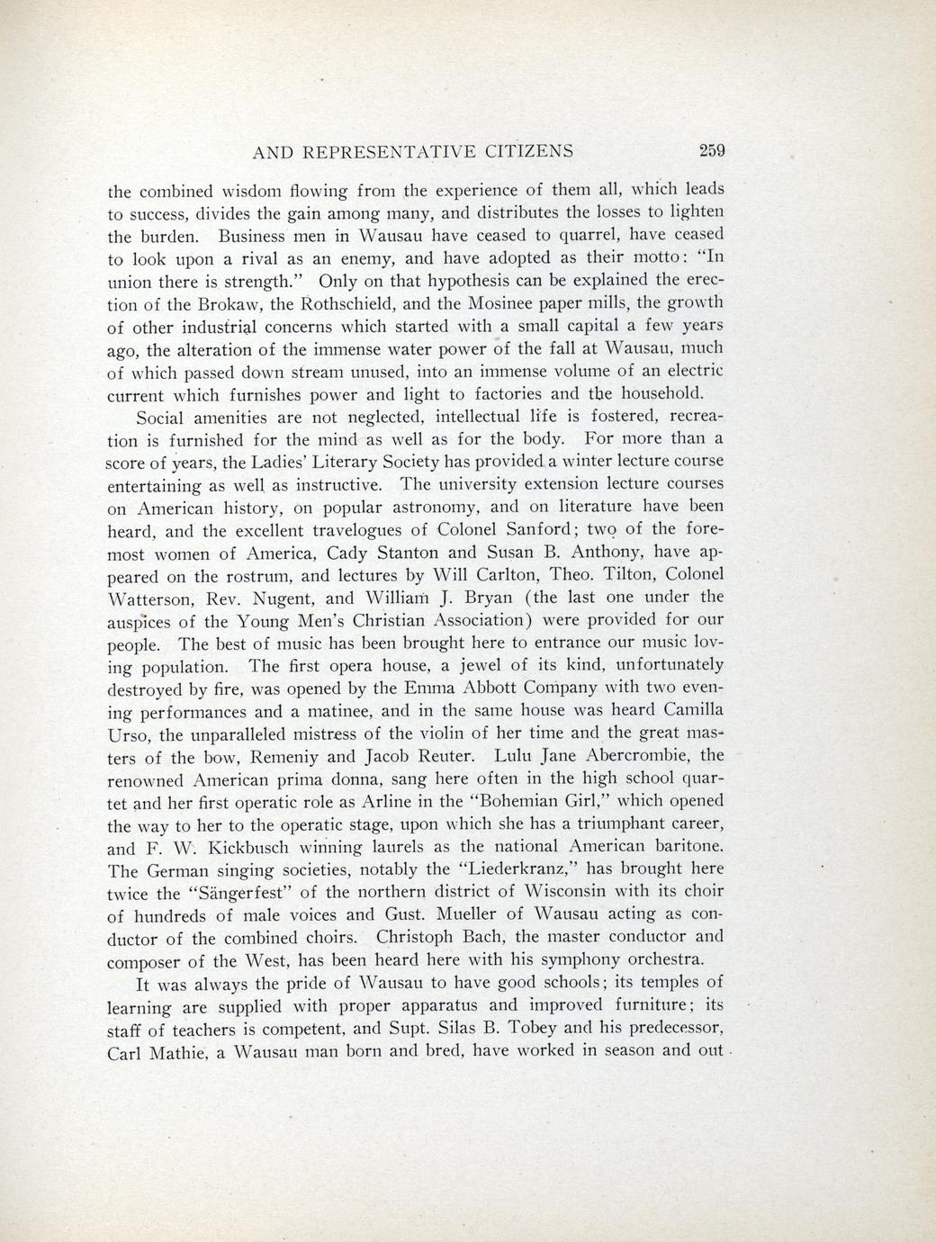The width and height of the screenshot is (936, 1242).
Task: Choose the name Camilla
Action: (688, 710)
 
